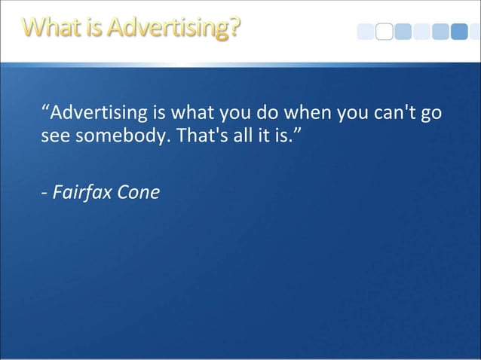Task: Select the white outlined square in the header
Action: [x=384, y=31]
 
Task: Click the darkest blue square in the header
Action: [x=460, y=31]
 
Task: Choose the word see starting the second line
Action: [x=54, y=140]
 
